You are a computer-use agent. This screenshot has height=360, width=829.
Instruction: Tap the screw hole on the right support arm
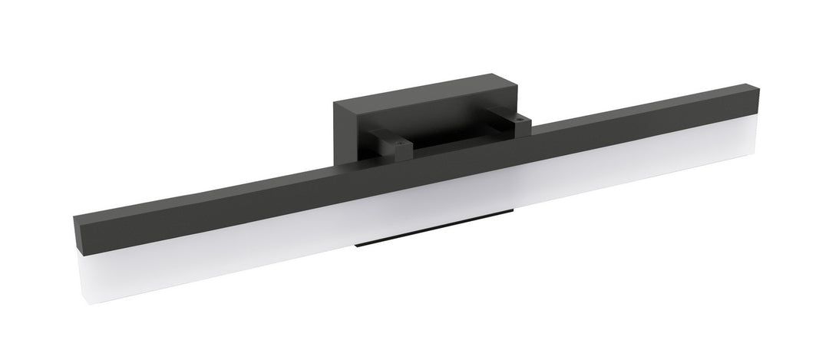pyautogui.click(x=520, y=119)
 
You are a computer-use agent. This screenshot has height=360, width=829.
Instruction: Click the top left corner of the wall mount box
pyautogui.click(x=335, y=101)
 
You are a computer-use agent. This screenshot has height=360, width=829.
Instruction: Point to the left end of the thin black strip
pyautogui.click(x=356, y=246)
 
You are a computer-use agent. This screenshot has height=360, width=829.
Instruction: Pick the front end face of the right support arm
pyautogui.click(x=524, y=127)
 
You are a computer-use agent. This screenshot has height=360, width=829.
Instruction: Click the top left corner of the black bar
pyautogui.click(x=74, y=216)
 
